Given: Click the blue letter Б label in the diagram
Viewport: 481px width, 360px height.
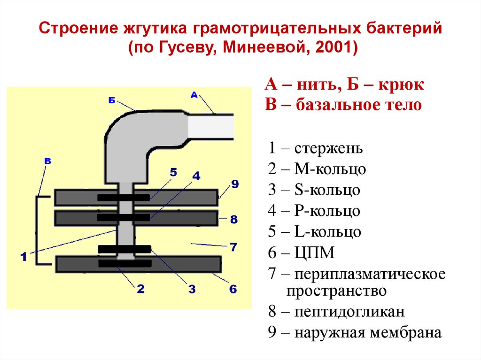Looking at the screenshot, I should click(111, 100).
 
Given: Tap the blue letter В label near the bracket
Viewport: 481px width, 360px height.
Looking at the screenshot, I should click(47, 161).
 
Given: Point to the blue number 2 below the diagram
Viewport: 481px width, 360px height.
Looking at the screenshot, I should click(140, 289).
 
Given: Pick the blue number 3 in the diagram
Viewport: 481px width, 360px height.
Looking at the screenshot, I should click(192, 289).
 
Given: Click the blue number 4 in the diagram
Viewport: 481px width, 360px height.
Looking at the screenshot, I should click(196, 176).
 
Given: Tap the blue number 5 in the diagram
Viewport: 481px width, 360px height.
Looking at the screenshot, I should click(173, 172).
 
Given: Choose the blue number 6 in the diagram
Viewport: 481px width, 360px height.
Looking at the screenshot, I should click(233, 289).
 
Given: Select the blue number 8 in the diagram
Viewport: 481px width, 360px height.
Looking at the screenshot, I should click(234, 219).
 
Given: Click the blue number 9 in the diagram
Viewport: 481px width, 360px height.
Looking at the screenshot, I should click(234, 184).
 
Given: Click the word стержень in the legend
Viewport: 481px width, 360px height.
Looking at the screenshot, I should click(329, 149).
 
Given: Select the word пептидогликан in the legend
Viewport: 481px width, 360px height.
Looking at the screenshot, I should click(349, 312).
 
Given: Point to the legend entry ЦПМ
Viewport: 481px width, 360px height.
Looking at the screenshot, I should click(315, 253).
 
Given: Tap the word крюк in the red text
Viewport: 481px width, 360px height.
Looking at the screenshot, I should click(403, 85).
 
